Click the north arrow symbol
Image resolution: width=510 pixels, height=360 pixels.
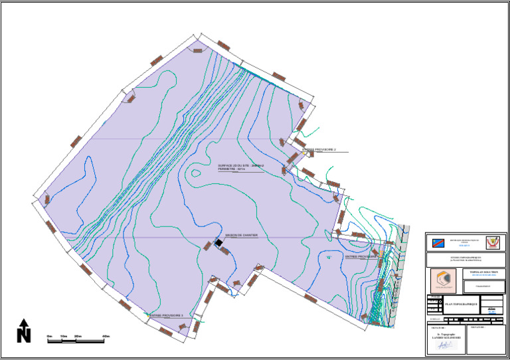pos(24,330)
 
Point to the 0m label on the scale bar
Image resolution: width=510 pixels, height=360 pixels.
pos(50,337)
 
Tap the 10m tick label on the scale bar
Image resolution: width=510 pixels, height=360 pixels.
pos(64,337)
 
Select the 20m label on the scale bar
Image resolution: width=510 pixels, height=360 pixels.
pos(78,337)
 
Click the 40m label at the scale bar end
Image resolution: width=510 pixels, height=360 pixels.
pos(106,337)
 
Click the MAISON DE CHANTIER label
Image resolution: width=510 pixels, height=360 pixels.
pos(241,235)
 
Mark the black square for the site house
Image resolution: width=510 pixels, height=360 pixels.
pos(218,244)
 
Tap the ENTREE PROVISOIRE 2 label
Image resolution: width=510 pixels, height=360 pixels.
pos(321,150)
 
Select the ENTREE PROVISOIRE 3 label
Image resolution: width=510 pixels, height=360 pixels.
pos(166,315)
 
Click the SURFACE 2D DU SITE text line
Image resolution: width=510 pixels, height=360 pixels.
pos(241,165)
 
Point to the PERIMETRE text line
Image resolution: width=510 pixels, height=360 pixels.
pos(232,169)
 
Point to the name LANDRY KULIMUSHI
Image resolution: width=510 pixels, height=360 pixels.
pos(446,340)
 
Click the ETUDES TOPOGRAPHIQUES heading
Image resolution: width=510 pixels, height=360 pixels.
pos(466,257)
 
